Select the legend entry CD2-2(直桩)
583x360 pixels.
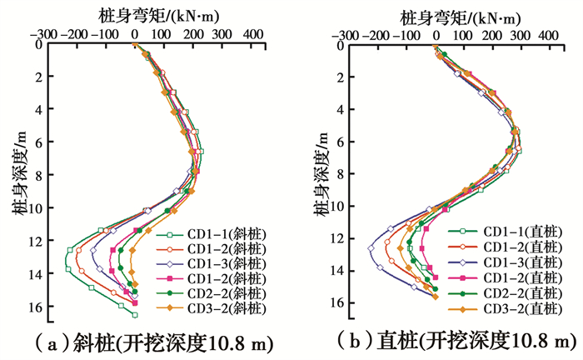coord(512,294)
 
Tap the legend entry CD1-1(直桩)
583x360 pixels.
coord(512,231)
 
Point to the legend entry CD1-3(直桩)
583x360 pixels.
coord(512,262)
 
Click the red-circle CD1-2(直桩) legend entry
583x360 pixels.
coord(512,247)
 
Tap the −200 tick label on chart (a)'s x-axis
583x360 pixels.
coord(72,34)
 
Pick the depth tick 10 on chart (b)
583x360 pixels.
coord(340,206)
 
